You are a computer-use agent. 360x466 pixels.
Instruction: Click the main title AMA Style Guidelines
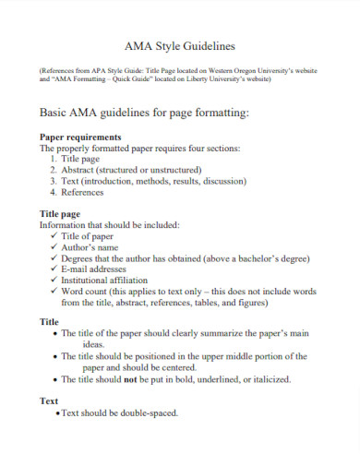tap(179, 45)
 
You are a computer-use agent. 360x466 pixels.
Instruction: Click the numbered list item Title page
tap(85, 159)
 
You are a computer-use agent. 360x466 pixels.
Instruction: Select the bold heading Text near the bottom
tap(49, 401)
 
